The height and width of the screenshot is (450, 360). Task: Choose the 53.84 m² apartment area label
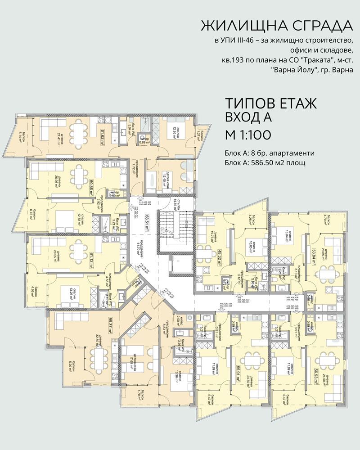coord(308,251)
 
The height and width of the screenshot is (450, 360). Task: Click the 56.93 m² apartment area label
coord(309,373)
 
